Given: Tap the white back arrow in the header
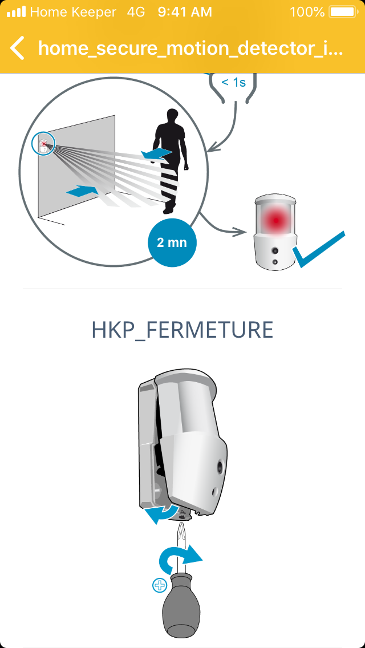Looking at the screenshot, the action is click(17, 48).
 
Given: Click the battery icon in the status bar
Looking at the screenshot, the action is click(343, 12).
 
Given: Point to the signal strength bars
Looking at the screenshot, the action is click(16, 12).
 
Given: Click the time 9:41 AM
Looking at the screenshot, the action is click(185, 12).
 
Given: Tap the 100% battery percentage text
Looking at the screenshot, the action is click(307, 12).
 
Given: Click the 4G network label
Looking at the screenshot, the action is click(136, 12).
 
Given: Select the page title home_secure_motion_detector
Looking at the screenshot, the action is click(190, 48).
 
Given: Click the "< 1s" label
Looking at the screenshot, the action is click(234, 82).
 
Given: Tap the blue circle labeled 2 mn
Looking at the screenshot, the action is click(172, 242).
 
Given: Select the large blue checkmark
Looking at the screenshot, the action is click(318, 249).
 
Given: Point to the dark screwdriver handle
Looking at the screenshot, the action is click(182, 605).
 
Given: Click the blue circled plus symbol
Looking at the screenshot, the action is click(159, 586).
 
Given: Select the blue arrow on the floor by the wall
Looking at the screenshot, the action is click(82, 191).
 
